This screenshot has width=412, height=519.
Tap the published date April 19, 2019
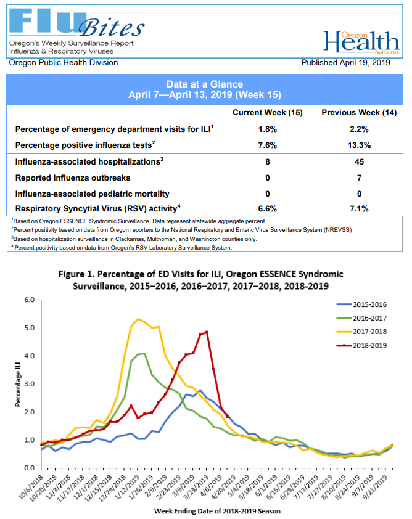[346, 63]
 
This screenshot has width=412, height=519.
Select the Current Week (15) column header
[267, 113]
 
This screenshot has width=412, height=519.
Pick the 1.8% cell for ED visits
[267, 129]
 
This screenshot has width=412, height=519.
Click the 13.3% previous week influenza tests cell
[359, 145]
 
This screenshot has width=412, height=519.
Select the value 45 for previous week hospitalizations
[359, 161]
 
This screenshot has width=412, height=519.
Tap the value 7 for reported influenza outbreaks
[359, 177]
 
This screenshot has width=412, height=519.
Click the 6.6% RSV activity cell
[267, 208]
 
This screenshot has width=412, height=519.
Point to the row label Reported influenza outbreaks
[73, 177]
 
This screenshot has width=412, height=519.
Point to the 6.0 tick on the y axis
[30, 300]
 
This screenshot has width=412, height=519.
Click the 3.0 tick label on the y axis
[30, 384]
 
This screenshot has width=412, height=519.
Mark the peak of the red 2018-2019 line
[206, 332]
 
